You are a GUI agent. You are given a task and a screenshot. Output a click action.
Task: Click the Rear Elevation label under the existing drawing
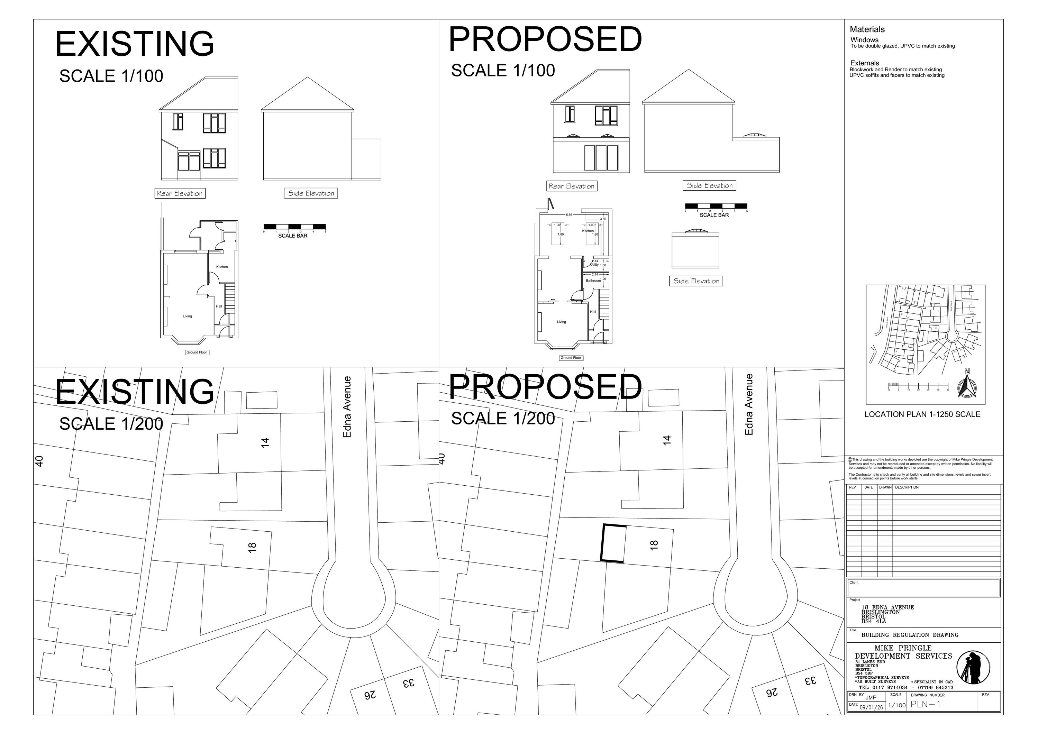(x=180, y=193)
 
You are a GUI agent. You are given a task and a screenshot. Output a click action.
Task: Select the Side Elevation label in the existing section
(x=311, y=193)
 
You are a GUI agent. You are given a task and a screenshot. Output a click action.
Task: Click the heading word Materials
(x=867, y=29)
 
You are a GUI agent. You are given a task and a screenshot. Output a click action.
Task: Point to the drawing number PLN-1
(x=926, y=704)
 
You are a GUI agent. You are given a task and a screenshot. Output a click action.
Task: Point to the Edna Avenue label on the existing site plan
(x=347, y=407)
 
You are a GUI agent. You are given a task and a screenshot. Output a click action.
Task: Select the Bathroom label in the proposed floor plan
(x=593, y=281)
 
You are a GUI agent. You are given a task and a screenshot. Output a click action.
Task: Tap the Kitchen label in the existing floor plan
(x=222, y=267)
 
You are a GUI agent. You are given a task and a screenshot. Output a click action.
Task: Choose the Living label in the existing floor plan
(x=187, y=316)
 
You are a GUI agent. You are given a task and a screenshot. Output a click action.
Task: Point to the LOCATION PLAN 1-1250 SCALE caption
(x=922, y=414)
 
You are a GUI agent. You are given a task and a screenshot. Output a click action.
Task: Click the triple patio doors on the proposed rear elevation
(x=601, y=158)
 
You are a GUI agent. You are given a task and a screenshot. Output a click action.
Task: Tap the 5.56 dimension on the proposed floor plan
(x=569, y=215)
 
